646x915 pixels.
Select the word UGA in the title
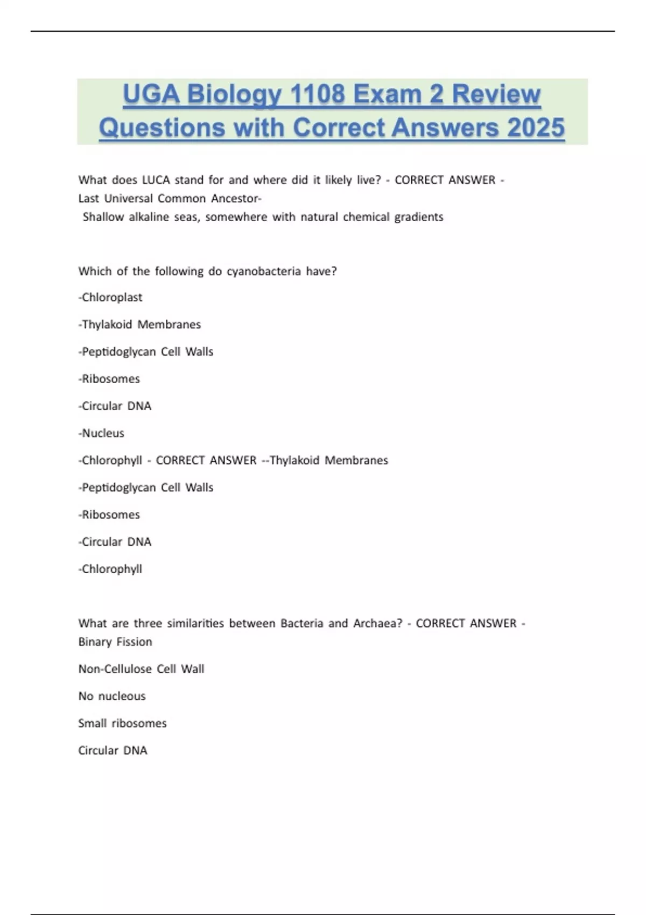[151, 95]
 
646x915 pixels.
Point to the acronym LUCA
[156, 180]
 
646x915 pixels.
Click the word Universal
[128, 198]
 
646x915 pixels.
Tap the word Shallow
[103, 217]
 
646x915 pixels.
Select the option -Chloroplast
[110, 297]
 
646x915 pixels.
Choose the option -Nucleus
[101, 433]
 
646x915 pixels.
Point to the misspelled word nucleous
[122, 696]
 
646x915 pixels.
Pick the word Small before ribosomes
[92, 723]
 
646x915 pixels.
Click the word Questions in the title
[161, 128]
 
